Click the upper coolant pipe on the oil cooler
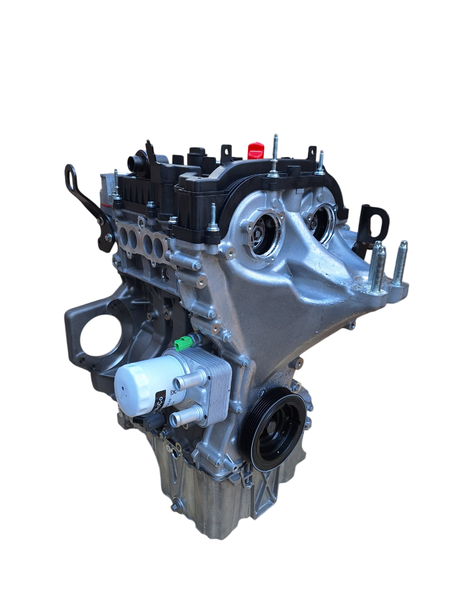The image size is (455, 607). point(185,381)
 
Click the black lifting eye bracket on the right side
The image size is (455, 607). point(374,222)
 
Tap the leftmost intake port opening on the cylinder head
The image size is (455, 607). point(124,236)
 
